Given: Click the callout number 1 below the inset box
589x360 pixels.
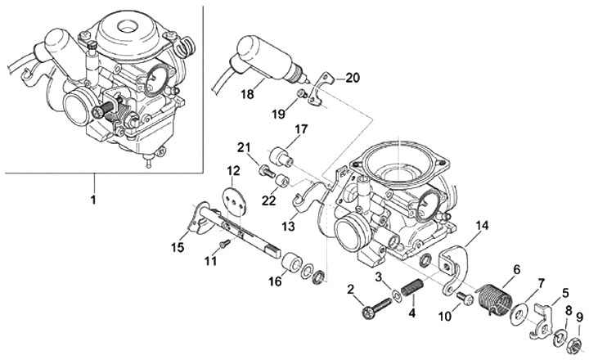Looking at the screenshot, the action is point(93,199).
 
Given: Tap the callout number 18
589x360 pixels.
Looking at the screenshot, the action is point(248,94).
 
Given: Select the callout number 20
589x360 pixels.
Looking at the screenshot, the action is point(353,78).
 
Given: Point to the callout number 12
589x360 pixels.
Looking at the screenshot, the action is point(233,171).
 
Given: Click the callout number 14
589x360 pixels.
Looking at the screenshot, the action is point(483,226).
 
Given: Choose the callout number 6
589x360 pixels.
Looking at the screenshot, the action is point(517,269).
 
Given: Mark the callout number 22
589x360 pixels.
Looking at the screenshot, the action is point(269,200).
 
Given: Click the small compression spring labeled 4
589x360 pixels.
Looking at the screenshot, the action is point(412,286).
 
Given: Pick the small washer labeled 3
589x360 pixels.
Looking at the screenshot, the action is point(396,295).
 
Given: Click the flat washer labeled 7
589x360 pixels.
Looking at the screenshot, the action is point(519,312).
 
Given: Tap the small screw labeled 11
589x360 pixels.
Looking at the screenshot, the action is point(225,244).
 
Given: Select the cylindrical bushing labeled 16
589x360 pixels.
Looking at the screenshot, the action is point(291,263).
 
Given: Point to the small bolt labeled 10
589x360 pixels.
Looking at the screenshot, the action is point(465,298).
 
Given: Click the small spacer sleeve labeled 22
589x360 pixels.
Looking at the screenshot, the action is point(281,180).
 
